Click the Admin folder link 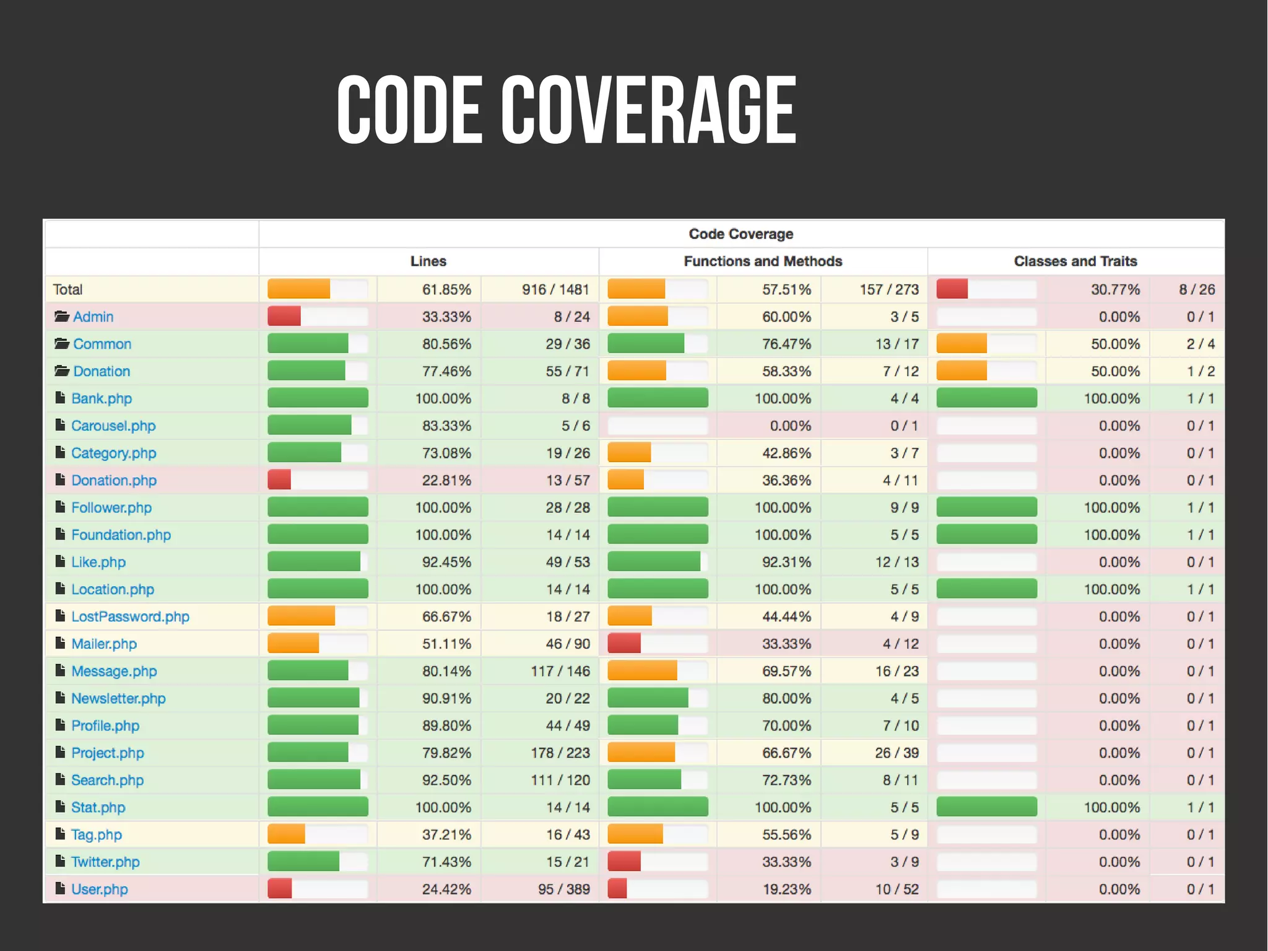click(93, 317)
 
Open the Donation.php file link click(113, 480)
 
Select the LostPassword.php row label click(130, 616)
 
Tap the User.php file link click(99, 889)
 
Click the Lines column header click(428, 261)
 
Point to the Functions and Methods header click(762, 261)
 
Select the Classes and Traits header click(1075, 261)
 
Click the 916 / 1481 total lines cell click(555, 289)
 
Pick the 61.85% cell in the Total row click(446, 289)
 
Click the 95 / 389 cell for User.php click(563, 889)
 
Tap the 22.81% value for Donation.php click(446, 480)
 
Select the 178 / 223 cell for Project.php click(560, 753)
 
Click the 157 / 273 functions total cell click(888, 289)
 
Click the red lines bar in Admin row click(284, 317)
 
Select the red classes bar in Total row click(952, 289)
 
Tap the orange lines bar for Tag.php click(287, 835)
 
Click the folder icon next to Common click(61, 343)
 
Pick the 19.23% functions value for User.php click(786, 889)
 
